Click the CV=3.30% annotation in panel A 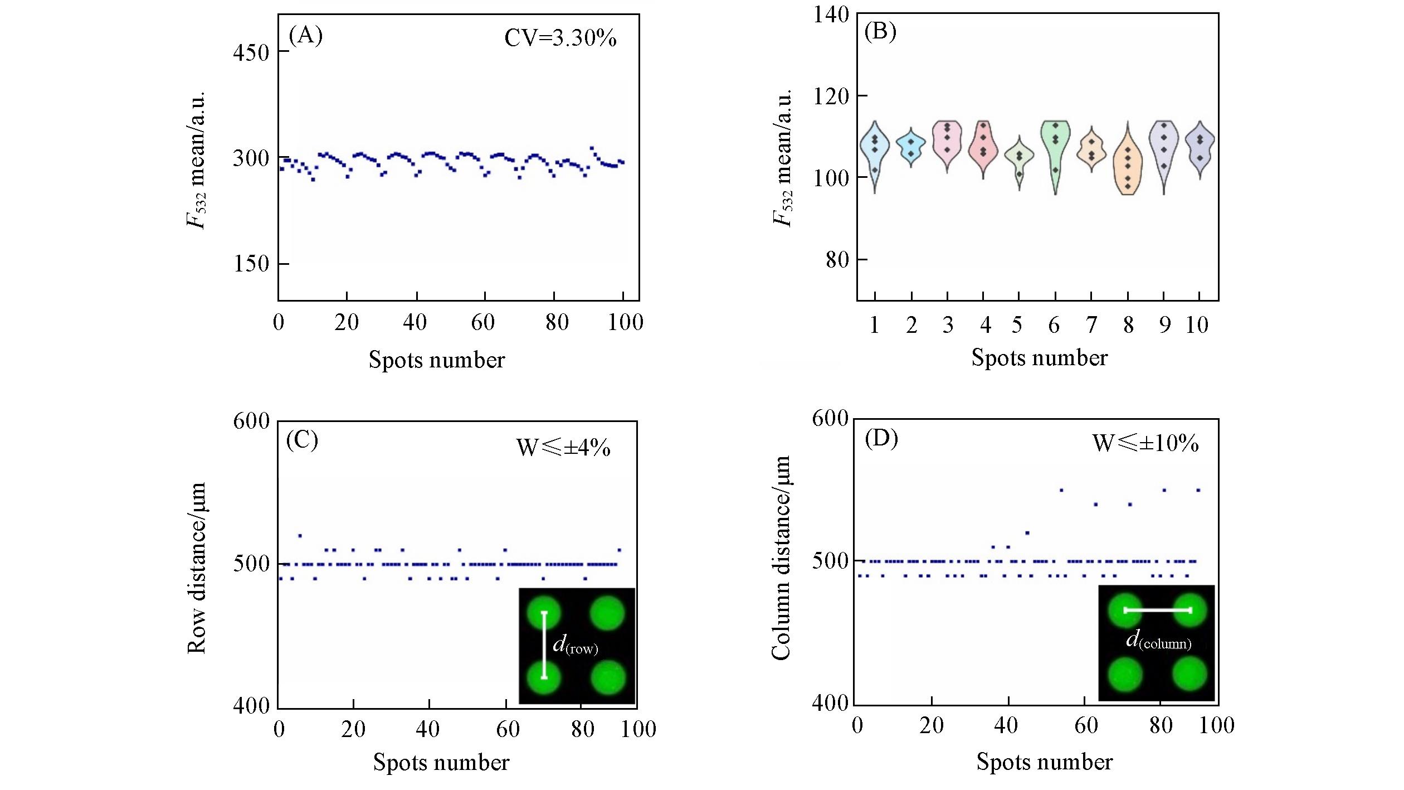560,38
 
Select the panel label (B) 880,32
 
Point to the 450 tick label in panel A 251,52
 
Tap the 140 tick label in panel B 831,14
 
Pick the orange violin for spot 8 1128,167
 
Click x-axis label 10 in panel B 1197,325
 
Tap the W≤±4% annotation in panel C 563,448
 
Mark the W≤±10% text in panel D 1145,443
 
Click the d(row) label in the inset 575,646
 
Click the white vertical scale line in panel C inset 544,645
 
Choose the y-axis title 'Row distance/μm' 197,568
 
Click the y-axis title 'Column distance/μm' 781,558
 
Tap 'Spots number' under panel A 436,360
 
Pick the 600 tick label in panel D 830,419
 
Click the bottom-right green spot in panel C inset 608,677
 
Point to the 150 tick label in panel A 251,264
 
